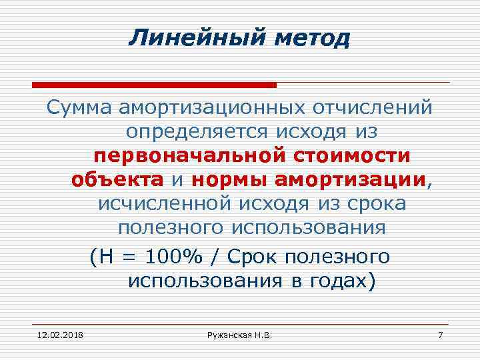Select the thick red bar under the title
click(155, 85)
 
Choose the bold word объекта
click(117, 180)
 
